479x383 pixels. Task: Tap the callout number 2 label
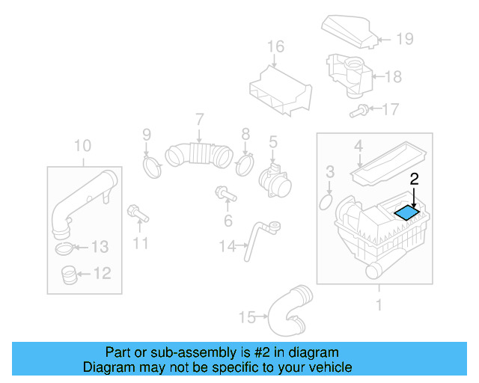413,179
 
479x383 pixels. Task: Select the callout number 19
404,39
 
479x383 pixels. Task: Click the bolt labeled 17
360,111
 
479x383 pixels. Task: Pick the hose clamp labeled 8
244,163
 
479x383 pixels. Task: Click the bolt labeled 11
139,214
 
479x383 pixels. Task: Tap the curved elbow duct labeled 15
288,312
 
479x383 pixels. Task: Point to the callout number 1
378,304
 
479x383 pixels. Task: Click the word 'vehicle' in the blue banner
326,367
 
